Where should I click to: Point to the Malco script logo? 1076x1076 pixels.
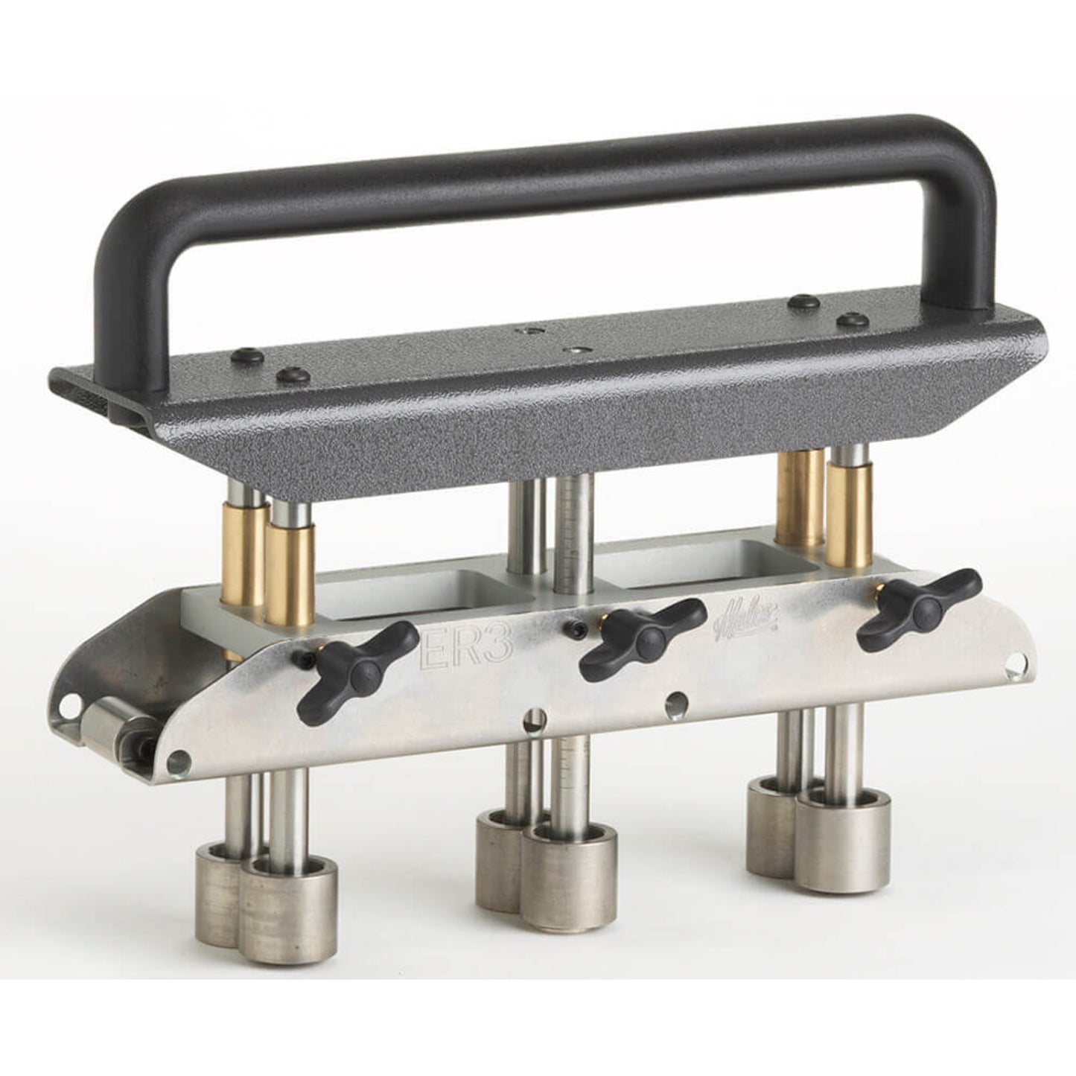[737, 618]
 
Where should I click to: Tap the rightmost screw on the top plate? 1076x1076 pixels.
[852, 321]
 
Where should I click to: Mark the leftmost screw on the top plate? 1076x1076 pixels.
[247, 357]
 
